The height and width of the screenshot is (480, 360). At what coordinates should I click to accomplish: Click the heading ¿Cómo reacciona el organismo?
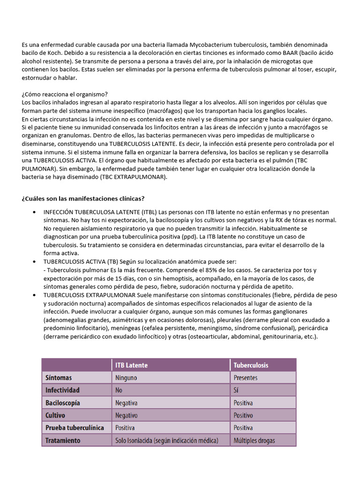(65, 94)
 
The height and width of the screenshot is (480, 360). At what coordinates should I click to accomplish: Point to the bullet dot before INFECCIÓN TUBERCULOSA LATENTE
(35, 211)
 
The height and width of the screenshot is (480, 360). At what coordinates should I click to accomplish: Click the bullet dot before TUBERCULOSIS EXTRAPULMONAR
(35, 295)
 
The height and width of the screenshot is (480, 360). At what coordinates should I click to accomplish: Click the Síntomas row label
(59, 378)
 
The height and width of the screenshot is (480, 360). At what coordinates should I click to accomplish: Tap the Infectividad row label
(62, 390)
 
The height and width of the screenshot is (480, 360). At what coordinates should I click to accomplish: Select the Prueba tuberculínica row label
(75, 428)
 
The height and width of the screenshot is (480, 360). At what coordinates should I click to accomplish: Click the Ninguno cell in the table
(127, 378)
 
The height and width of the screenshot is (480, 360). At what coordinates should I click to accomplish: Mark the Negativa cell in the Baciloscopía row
(127, 403)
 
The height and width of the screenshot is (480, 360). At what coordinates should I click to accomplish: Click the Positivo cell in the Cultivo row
(243, 416)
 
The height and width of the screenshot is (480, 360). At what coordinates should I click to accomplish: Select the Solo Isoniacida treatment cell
(167, 441)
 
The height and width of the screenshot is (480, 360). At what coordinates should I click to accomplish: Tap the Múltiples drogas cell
(255, 441)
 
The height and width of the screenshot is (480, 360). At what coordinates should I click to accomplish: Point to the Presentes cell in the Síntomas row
(245, 378)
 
